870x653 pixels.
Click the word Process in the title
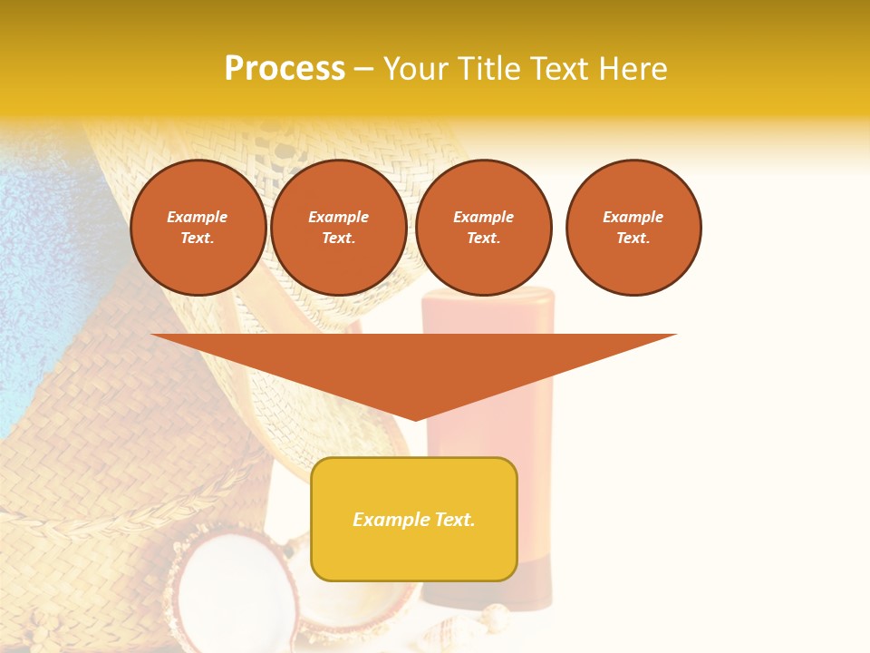pos(285,69)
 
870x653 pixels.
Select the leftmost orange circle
pos(198,228)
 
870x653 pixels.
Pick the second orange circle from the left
pos(339,228)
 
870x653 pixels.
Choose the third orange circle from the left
pos(484,228)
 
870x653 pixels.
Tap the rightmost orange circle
pos(633,228)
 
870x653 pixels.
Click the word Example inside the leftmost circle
pos(198,217)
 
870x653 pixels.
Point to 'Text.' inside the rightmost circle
pos(633,239)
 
